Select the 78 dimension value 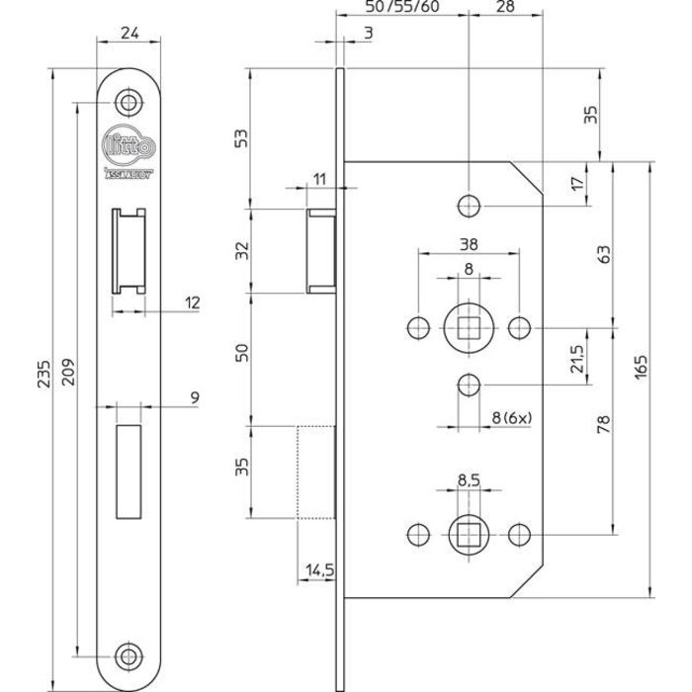coord(603,426)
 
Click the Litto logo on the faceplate coord(126,145)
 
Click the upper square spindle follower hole coord(468,325)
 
